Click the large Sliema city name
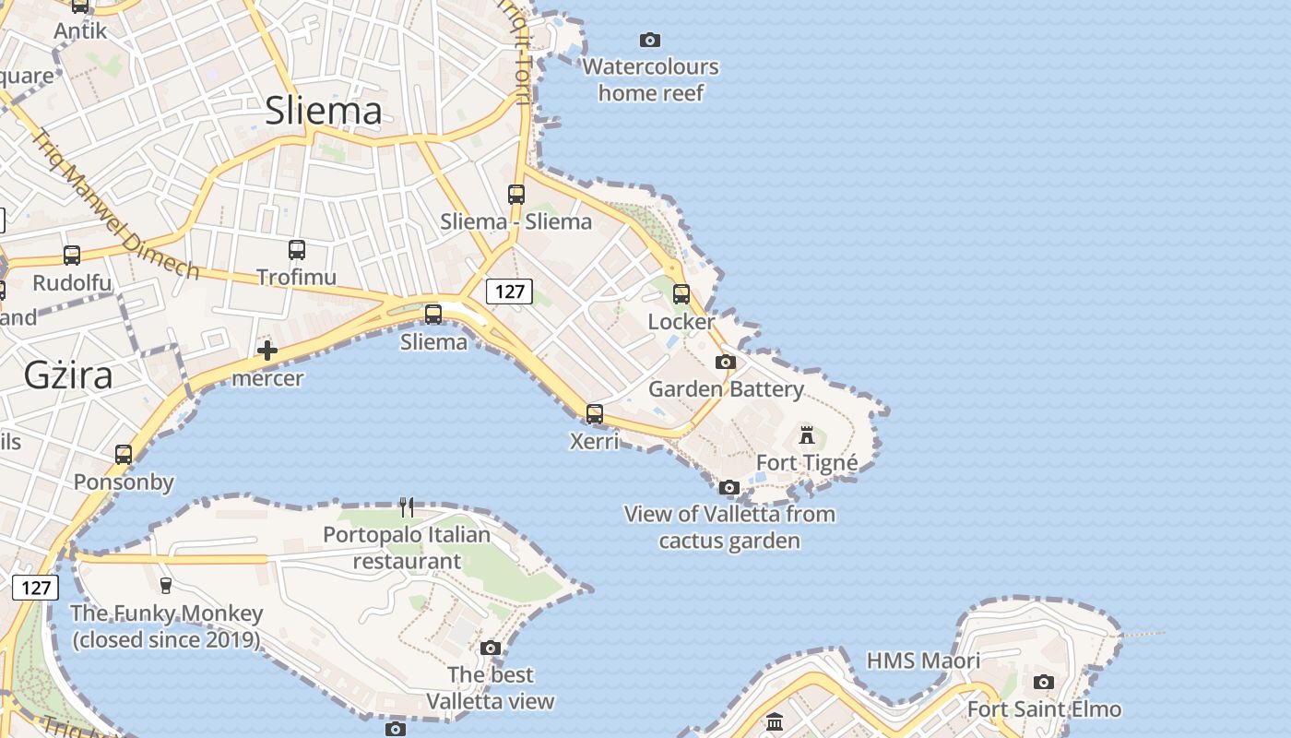point(323,111)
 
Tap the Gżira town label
point(68,375)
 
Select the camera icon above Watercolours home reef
point(650,40)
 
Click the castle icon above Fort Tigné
point(807,434)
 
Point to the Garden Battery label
point(726,388)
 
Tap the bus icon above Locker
point(681,294)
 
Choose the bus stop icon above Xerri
point(595,414)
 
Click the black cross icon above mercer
point(267,351)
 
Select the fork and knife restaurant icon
point(407,506)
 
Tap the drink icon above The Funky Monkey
point(166,585)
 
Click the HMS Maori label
point(923,661)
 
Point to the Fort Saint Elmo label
point(1044,709)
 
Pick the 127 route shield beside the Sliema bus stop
point(509,292)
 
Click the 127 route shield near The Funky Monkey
point(36,588)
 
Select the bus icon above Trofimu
point(297,250)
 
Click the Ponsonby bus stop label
point(124,482)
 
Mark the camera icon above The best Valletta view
point(491,648)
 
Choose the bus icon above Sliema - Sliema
point(516,195)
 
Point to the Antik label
point(80,30)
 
